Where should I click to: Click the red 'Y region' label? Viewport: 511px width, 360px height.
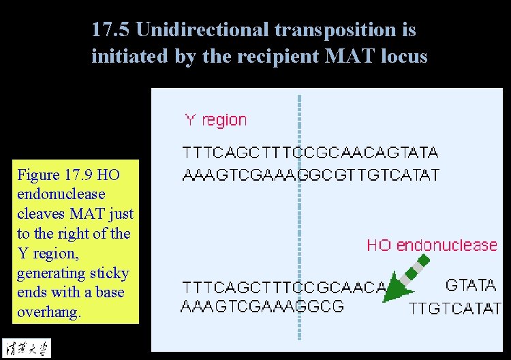click(x=215, y=121)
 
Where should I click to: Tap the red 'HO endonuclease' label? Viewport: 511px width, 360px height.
click(x=432, y=245)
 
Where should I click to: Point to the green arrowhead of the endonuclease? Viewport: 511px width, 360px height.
click(x=394, y=292)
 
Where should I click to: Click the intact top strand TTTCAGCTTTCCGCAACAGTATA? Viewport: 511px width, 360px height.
click(x=310, y=152)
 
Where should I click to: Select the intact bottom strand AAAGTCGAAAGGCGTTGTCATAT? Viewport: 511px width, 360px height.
click(x=311, y=175)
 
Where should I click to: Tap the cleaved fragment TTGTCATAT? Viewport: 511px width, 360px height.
click(x=454, y=309)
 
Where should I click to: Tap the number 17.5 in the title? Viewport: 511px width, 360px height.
click(x=110, y=30)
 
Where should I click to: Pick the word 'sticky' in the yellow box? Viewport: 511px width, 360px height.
click(x=111, y=273)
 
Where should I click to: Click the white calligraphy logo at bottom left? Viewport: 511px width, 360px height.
click(x=25, y=347)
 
